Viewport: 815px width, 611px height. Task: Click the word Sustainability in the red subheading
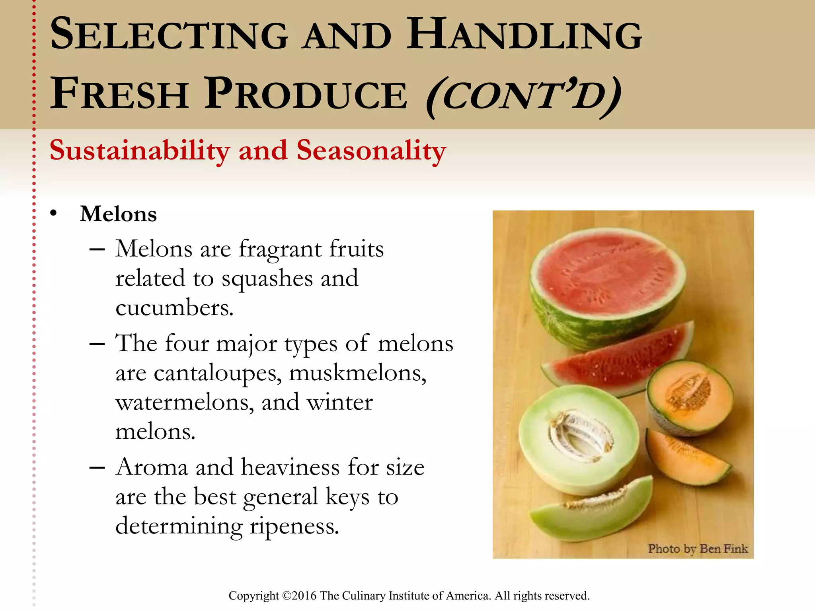(140, 151)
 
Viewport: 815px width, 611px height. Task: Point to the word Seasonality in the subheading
(371, 151)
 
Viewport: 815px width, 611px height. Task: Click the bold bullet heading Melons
(118, 214)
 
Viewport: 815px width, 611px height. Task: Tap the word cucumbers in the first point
(174, 308)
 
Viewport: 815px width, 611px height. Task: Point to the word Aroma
(152, 467)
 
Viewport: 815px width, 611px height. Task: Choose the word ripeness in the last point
(294, 526)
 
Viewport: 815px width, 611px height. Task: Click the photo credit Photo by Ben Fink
(698, 549)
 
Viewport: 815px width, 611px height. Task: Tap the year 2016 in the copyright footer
(304, 596)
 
